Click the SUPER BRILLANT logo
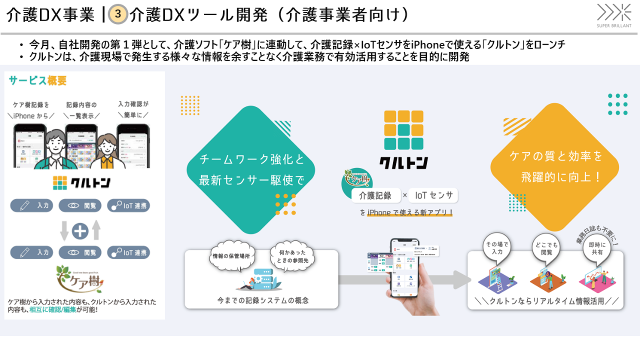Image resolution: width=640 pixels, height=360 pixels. point(614,15)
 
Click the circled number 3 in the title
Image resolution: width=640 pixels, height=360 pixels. point(118,14)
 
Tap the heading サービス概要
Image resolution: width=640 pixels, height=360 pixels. point(37,80)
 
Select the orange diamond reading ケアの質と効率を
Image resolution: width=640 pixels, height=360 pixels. point(554,166)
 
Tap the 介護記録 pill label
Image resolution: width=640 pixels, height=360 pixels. point(375,196)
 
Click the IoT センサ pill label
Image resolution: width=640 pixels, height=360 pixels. point(434,196)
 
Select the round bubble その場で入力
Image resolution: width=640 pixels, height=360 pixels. point(496,248)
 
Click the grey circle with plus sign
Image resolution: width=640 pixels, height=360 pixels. point(80,230)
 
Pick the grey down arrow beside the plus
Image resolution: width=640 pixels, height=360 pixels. point(64,230)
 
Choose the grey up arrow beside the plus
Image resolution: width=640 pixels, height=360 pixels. point(96,230)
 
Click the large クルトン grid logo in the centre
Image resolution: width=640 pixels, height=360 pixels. point(403,130)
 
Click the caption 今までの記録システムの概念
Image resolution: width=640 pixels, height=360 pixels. point(262,300)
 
